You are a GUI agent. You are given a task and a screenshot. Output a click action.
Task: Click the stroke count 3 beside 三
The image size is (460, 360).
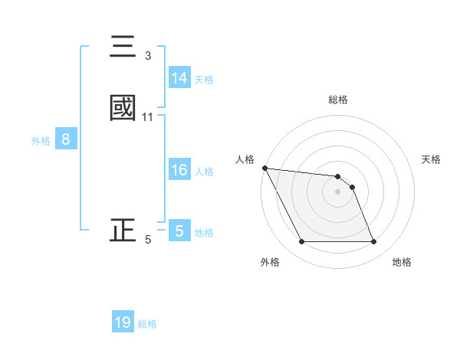148,56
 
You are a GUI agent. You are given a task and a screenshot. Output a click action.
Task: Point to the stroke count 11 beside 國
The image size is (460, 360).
148,117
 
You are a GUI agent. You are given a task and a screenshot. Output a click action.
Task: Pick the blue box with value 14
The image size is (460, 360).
179,78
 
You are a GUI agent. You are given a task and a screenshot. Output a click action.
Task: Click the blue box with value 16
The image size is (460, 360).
179,170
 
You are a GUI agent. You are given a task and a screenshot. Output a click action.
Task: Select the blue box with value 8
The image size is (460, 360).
66,139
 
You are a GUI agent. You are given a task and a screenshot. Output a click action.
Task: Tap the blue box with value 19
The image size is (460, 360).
123,322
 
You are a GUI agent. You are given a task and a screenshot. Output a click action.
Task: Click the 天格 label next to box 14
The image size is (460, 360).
204,79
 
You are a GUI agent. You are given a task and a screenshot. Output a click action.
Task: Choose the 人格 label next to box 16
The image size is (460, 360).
204,171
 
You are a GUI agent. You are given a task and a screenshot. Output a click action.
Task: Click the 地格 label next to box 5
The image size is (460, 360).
204,232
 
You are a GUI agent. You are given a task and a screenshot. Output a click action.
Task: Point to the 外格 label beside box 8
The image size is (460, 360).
40,140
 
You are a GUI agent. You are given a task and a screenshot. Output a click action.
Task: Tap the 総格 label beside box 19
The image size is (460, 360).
147,323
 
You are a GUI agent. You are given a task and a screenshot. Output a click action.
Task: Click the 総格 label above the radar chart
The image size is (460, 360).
338,100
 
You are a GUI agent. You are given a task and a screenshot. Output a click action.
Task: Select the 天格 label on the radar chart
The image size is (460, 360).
431,159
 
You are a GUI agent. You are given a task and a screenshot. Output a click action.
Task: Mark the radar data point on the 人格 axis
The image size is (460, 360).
264,168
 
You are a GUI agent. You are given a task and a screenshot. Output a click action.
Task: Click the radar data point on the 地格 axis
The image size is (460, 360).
373,242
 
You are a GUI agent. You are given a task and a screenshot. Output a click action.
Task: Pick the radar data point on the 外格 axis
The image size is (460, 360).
301,242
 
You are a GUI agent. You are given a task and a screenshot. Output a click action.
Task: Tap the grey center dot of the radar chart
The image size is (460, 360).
337,191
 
